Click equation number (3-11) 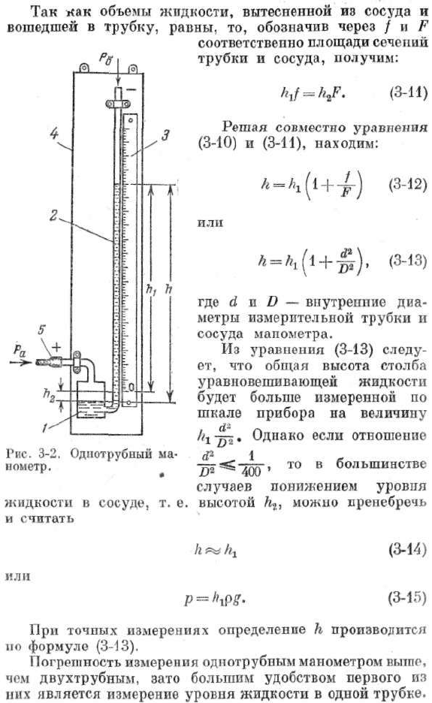click(408, 92)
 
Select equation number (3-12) click(408, 184)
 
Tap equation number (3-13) click(408, 260)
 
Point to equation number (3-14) click(408, 550)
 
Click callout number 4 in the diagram click(55, 133)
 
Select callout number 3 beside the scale click(165, 135)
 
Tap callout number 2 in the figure click(54, 216)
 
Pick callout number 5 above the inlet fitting click(41, 330)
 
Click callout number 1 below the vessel click(44, 428)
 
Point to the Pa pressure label click(20, 351)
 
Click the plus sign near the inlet click(57, 346)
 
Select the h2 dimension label click(50, 394)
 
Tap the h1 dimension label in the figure click(151, 290)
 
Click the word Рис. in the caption click(16, 454)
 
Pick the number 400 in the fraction click(251, 472)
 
